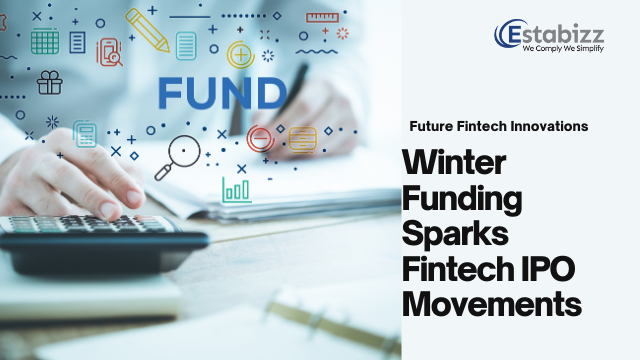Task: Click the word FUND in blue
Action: click(222, 92)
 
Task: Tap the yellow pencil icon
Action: click(147, 30)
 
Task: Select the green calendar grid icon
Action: click(44, 41)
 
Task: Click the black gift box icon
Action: click(48, 82)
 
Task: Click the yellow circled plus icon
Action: click(240, 54)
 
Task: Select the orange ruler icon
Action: click(322, 17)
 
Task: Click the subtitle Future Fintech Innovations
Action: click(498, 127)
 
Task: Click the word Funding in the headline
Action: click(462, 198)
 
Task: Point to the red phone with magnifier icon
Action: click(109, 51)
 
